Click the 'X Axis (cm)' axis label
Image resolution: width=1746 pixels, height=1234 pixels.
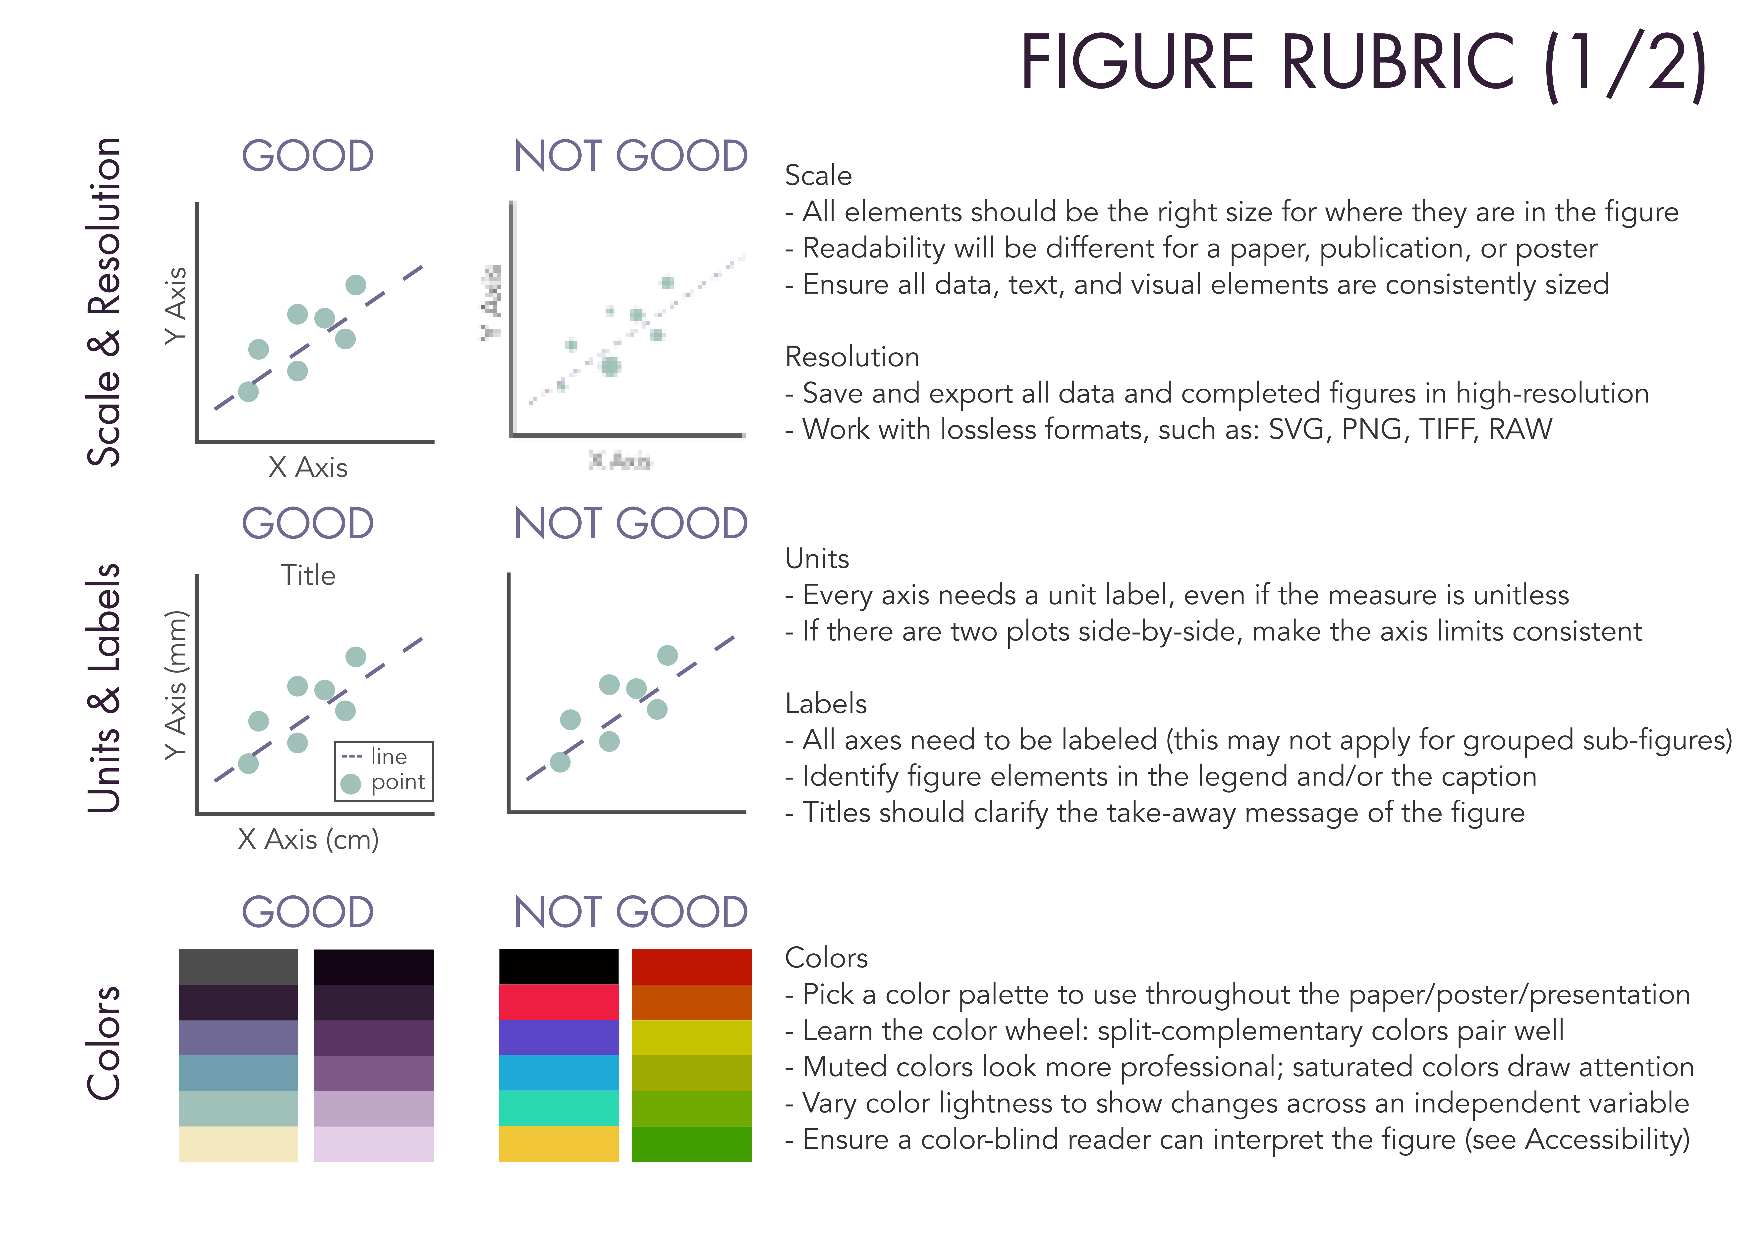tap(308, 839)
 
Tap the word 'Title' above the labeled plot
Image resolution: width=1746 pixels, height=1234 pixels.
tap(308, 575)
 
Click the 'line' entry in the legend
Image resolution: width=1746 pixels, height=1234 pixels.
tap(389, 757)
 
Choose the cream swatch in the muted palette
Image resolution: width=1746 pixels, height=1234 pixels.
tap(238, 1143)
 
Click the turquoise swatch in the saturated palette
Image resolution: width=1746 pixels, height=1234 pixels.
tap(559, 1108)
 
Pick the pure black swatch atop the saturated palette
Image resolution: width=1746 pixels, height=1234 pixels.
tap(559, 966)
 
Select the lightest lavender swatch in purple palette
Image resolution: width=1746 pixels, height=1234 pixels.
tap(373, 1143)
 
